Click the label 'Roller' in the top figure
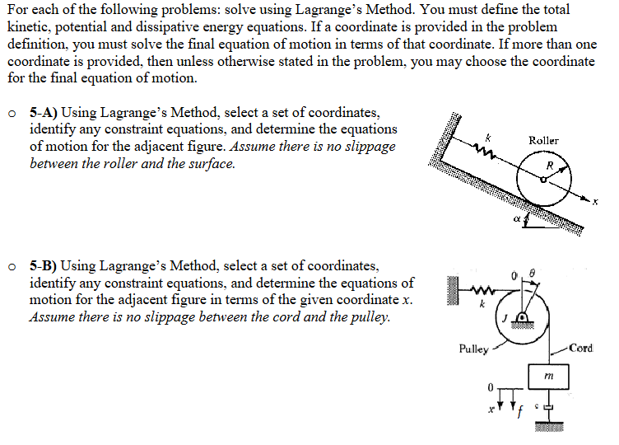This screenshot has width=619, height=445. (543, 141)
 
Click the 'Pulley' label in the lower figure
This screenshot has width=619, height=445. (473, 349)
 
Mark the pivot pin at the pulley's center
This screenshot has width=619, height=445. (524, 317)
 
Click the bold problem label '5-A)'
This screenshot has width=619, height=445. (43, 113)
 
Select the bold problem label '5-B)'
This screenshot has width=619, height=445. (43, 266)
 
